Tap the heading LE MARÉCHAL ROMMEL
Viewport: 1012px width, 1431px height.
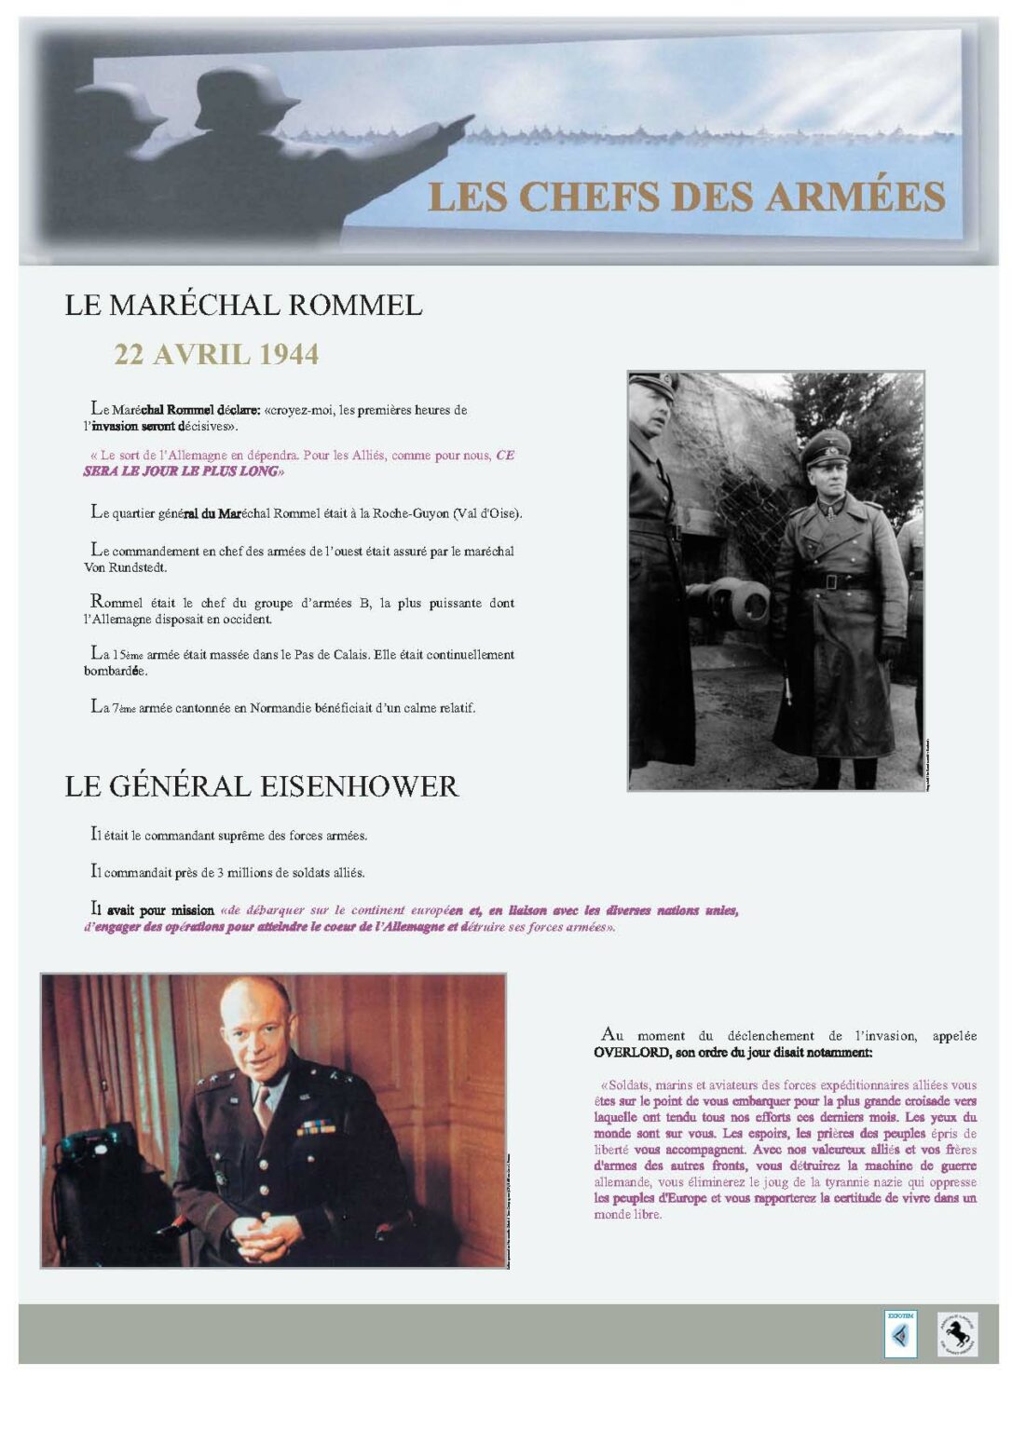243,305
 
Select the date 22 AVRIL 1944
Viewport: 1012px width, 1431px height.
216,354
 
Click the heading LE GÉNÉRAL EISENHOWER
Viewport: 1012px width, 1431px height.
261,785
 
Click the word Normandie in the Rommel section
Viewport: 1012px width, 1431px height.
283,708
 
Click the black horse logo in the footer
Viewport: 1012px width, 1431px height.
957,1334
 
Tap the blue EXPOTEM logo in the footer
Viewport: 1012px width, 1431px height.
900,1334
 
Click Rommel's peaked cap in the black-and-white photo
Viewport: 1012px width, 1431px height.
826,445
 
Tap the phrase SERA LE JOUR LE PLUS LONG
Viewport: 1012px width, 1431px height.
183,471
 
